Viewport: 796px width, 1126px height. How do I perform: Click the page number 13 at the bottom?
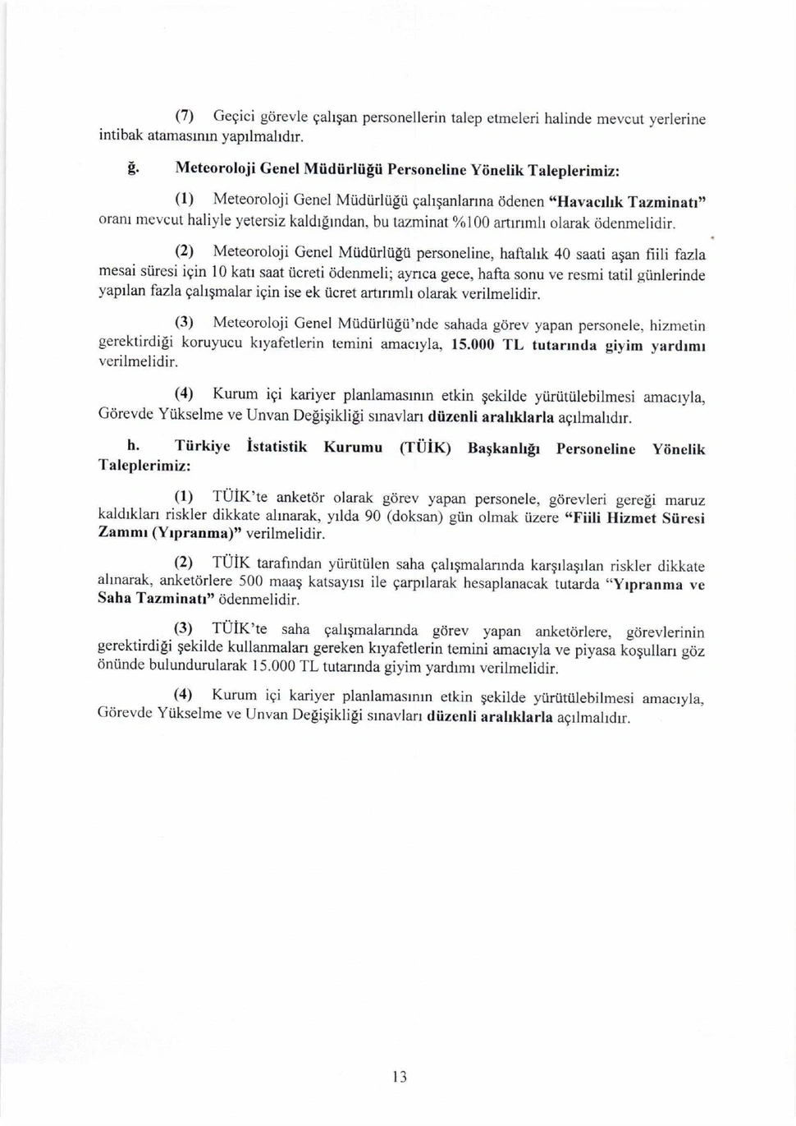coord(400,1077)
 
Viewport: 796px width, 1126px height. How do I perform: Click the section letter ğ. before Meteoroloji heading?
coord(130,168)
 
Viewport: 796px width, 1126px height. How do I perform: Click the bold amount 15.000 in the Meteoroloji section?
coord(473,346)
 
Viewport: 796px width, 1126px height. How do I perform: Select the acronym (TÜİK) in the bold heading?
coord(424,448)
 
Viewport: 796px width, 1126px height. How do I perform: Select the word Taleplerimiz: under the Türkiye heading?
coord(144,465)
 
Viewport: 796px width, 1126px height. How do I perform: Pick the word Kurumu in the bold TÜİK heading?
coord(353,448)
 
